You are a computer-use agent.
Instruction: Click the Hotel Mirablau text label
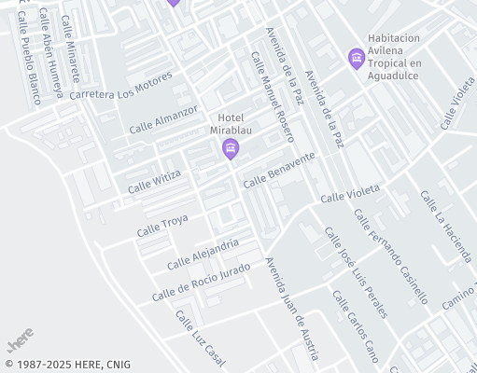(230, 124)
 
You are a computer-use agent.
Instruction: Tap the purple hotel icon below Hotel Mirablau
(231, 149)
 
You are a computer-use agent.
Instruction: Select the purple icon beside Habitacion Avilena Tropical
(356, 58)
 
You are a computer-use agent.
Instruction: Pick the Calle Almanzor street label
(163, 118)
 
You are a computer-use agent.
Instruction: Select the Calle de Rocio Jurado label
(201, 282)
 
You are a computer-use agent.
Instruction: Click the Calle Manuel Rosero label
(273, 97)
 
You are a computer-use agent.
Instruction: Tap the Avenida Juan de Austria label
(292, 309)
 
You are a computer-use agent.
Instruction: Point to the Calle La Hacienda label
(446, 227)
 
